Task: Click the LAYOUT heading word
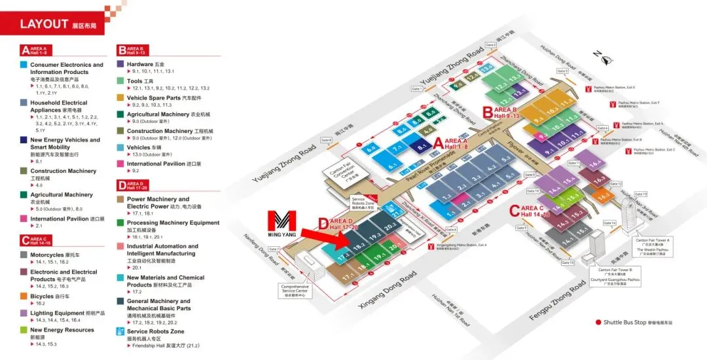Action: point(44,24)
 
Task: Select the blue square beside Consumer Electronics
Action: point(24,65)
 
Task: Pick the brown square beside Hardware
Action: point(121,64)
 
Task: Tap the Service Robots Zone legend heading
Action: point(155,331)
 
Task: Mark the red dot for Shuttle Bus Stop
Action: point(598,322)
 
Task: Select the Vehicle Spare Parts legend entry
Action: point(153,98)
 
